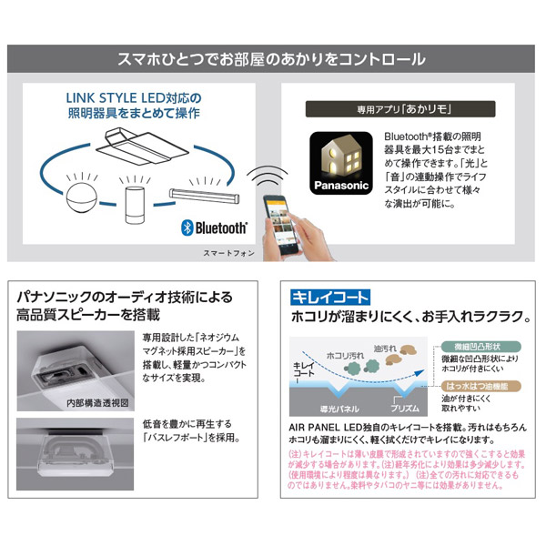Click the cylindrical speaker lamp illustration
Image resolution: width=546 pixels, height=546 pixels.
coord(135,200)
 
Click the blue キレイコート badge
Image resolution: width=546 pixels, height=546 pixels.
coord(329,298)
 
